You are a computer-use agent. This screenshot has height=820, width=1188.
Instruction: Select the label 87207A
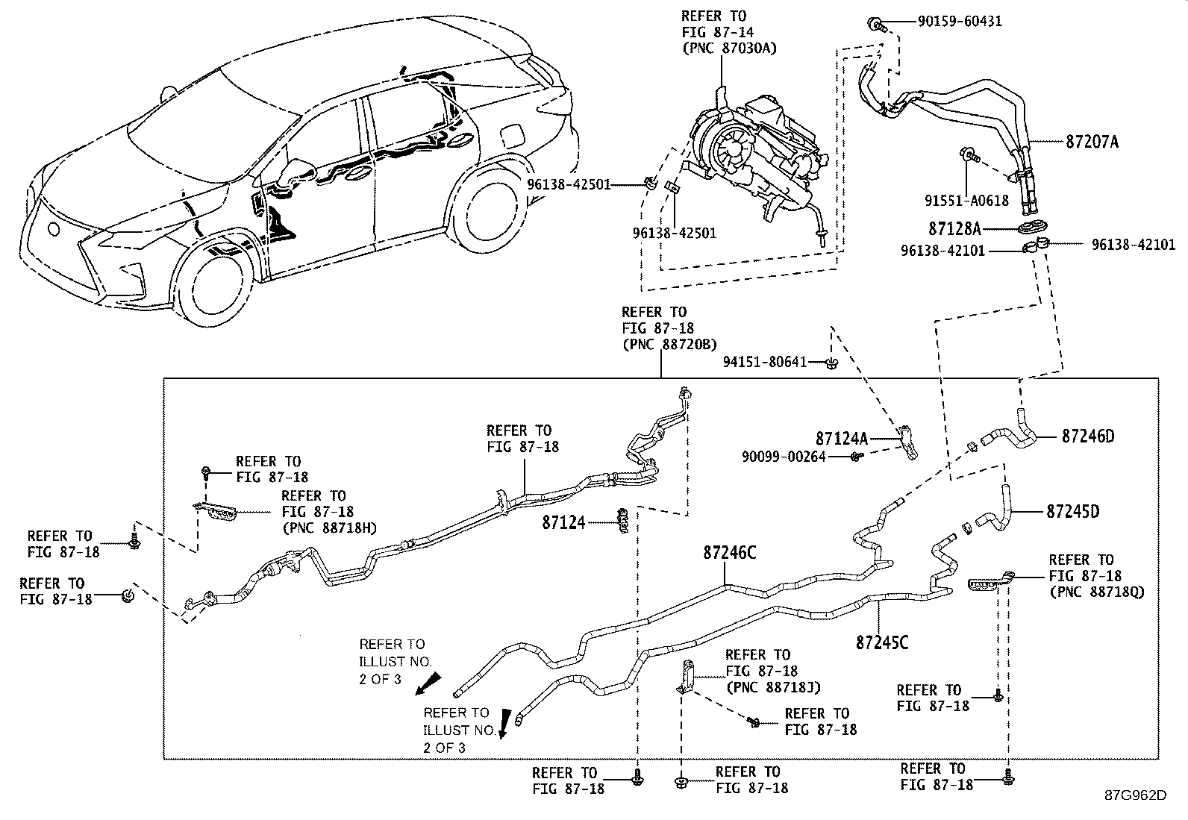point(1087,141)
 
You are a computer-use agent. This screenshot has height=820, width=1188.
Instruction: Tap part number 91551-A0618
point(967,200)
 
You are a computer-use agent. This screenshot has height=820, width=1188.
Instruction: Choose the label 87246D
point(1088,436)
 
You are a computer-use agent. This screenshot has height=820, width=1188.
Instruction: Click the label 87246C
point(729,553)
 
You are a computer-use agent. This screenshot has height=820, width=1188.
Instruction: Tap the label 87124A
point(841,439)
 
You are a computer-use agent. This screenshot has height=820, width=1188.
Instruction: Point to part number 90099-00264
point(784,456)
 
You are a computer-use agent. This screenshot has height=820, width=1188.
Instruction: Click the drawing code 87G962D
point(1135,795)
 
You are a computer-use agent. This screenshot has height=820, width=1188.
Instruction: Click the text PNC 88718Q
point(1096,592)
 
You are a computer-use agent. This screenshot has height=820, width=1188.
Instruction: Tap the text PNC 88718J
point(773,687)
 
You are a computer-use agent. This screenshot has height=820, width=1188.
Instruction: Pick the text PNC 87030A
point(729,48)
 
